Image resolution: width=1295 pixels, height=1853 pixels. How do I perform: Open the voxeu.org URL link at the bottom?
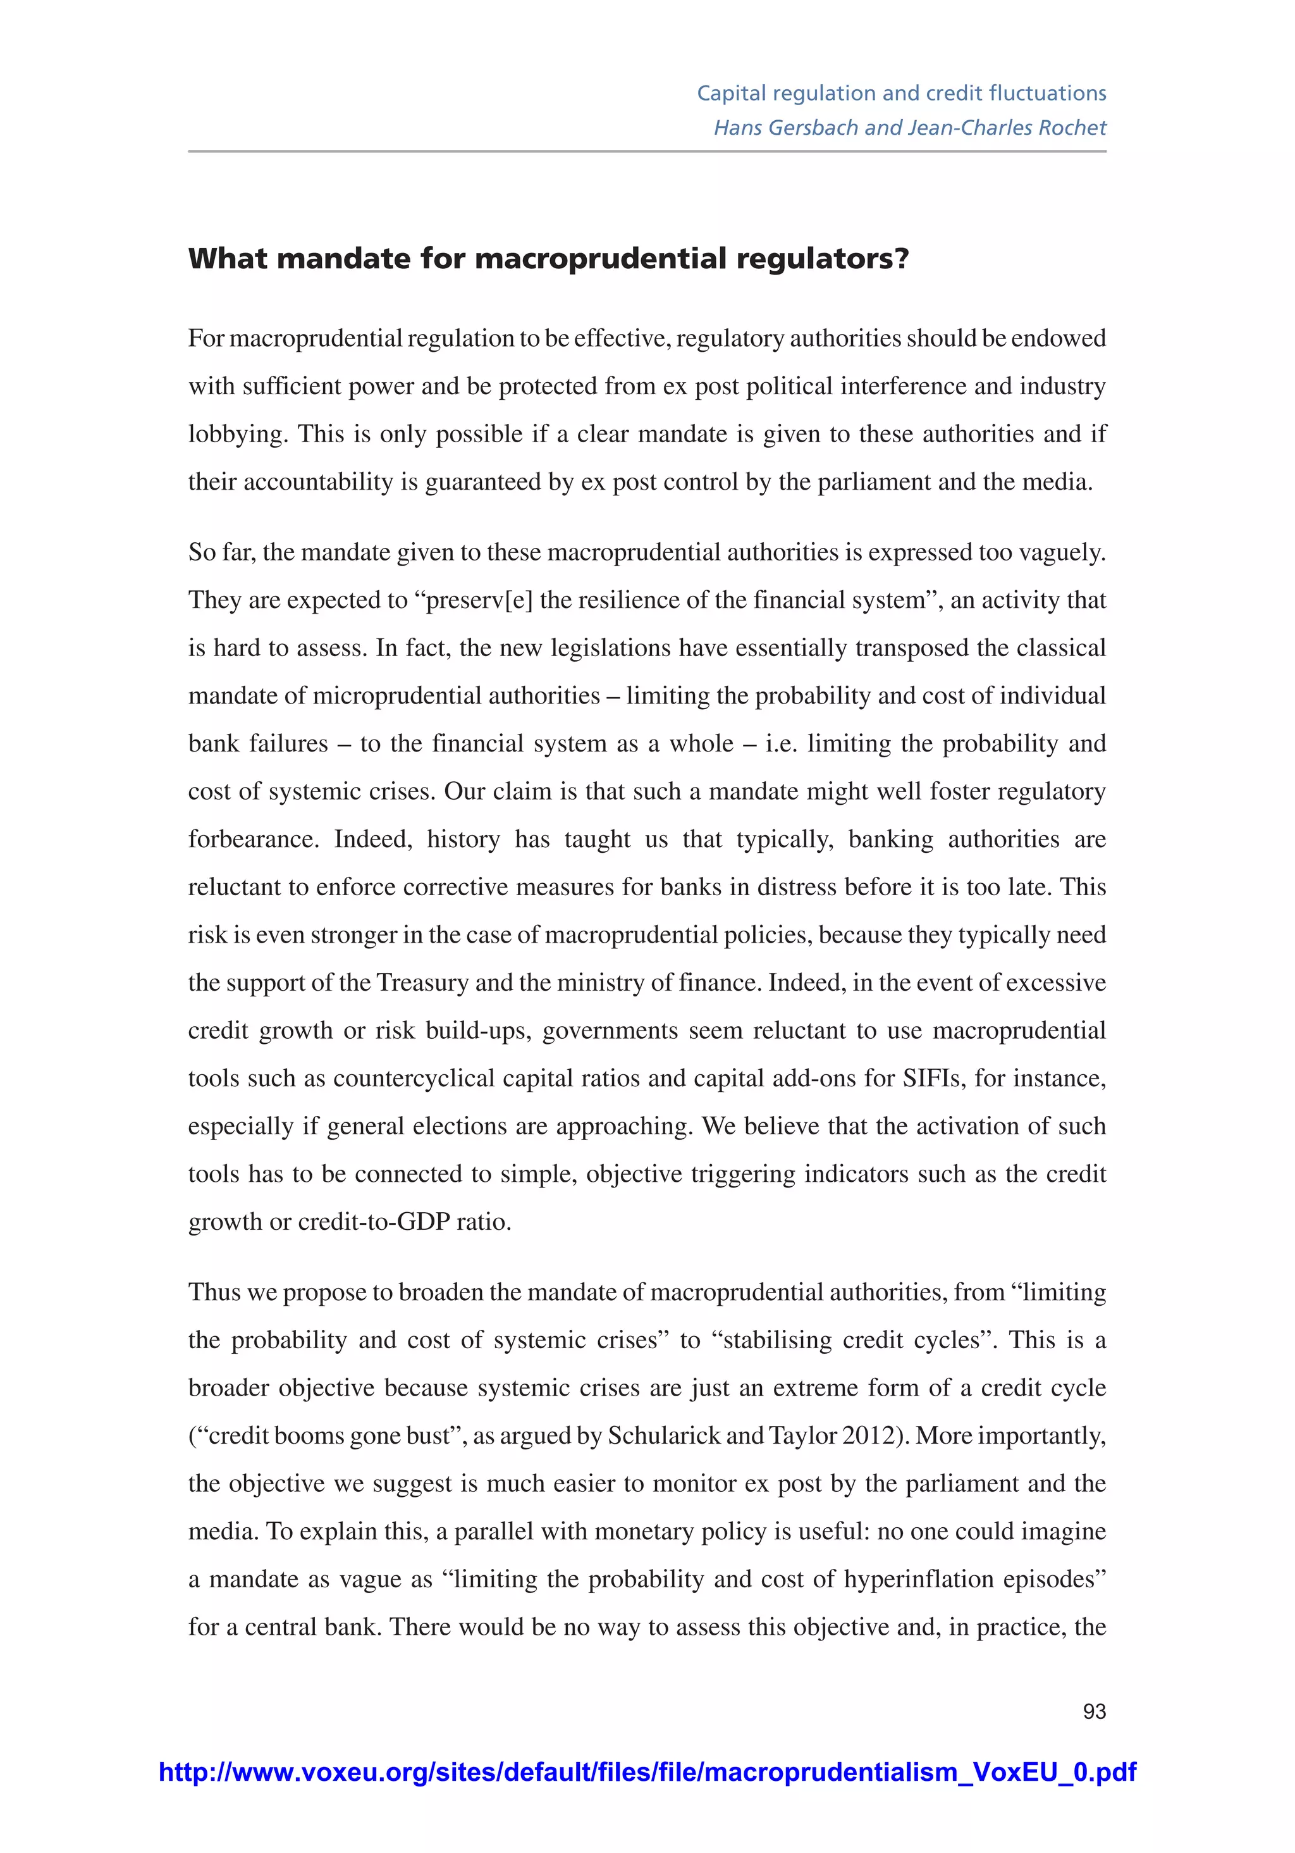[647, 1772]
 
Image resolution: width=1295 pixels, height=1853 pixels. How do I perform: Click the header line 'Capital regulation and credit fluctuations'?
[900, 94]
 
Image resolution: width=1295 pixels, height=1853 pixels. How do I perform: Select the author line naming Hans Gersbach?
[909, 128]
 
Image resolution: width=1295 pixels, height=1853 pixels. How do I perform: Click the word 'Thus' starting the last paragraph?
[214, 1292]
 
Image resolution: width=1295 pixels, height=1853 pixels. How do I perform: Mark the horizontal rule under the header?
[647, 151]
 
